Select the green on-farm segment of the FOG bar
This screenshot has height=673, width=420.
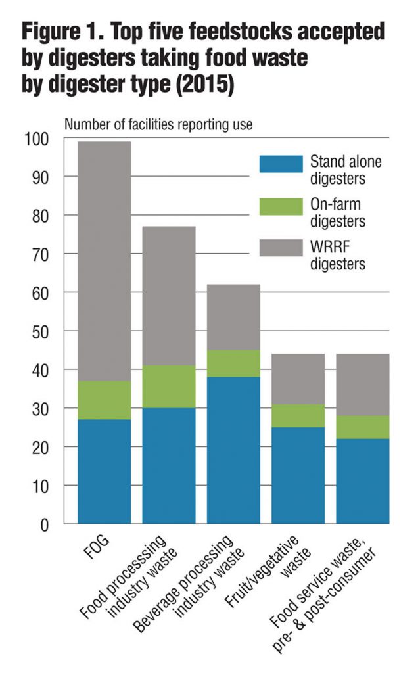pyautogui.click(x=104, y=400)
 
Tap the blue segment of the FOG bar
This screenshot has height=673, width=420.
pyautogui.click(x=104, y=471)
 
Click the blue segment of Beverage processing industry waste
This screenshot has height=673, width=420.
pyautogui.click(x=233, y=450)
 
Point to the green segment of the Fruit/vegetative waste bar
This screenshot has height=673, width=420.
pyautogui.click(x=298, y=415)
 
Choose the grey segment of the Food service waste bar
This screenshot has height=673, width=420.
pyautogui.click(x=362, y=385)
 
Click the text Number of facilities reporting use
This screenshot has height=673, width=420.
pyautogui.click(x=158, y=124)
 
